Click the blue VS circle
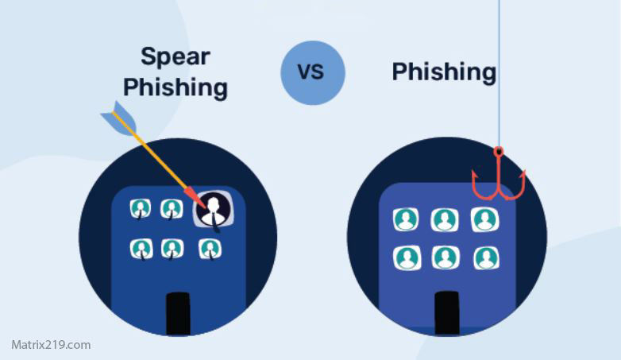click(313, 72)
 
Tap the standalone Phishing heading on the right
click(444, 72)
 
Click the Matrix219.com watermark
click(51, 345)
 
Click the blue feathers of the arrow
click(116, 117)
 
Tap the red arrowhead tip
click(193, 195)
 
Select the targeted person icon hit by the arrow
click(213, 209)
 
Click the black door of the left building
click(178, 313)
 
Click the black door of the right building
click(447, 312)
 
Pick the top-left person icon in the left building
click(141, 208)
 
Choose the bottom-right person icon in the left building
click(209, 249)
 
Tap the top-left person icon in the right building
click(406, 219)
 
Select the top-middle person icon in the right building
click(445, 219)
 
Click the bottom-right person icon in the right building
click(485, 257)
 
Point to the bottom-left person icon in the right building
click(406, 257)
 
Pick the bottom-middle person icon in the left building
click(172, 249)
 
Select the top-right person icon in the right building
click(484, 219)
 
